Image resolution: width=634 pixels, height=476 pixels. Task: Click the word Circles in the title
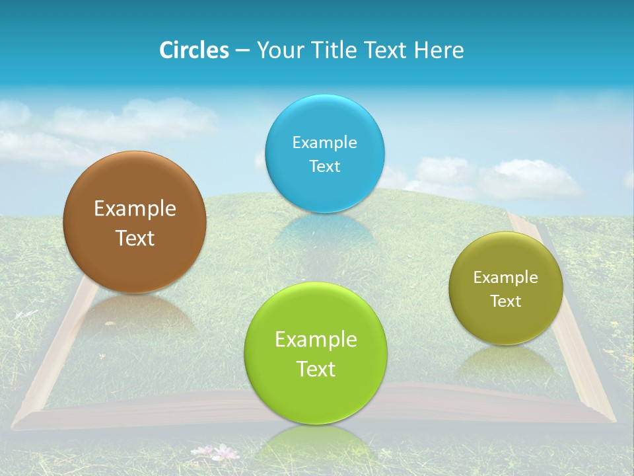point(194,50)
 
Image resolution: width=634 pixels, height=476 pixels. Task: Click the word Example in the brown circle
point(135,209)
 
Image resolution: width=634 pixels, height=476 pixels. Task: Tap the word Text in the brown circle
point(135,238)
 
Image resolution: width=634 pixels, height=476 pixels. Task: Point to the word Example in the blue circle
point(324,143)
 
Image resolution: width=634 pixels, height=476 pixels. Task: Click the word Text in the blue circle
point(324,166)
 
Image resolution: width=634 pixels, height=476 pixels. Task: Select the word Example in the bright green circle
point(316,340)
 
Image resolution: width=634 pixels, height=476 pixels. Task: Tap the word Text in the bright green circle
point(316,369)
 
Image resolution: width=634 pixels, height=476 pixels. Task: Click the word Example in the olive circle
point(506,278)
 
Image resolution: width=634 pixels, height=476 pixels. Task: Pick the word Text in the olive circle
point(506,301)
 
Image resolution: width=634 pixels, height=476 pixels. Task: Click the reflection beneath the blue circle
point(324,231)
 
